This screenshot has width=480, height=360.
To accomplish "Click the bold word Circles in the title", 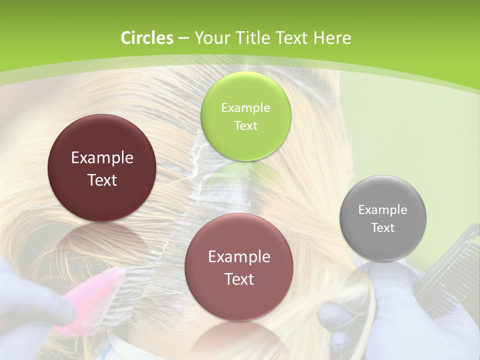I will [147, 38].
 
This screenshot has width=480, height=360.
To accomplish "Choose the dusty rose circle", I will [239, 300].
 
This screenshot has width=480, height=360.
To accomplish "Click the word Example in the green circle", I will [245, 108].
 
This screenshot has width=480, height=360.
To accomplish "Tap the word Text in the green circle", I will [245, 126].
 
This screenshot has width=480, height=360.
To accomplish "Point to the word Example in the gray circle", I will [383, 210].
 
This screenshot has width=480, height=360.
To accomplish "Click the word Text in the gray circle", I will [383, 228].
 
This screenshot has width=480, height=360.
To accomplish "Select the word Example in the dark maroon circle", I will [102, 158].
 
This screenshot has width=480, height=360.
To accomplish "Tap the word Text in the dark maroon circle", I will [102, 180].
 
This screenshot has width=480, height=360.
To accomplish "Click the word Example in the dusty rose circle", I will [239, 257].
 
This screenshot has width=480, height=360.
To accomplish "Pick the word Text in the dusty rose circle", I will [239, 279].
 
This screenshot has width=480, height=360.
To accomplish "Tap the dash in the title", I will [183, 38].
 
